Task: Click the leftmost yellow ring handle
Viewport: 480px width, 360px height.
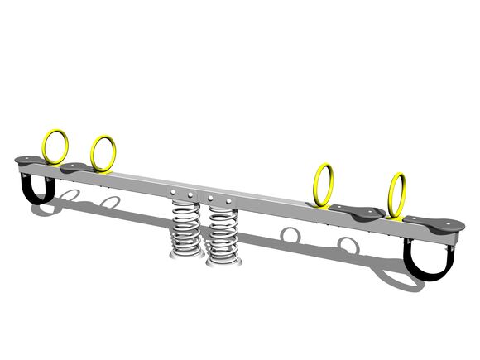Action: click(56, 146)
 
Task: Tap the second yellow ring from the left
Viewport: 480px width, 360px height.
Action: click(103, 153)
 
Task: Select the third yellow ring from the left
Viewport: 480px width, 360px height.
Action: click(324, 185)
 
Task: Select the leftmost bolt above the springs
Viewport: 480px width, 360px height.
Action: click(176, 194)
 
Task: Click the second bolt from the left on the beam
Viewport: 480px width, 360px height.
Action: click(191, 195)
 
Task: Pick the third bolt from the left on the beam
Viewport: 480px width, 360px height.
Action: click(211, 199)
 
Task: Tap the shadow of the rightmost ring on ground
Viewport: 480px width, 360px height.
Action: click(348, 245)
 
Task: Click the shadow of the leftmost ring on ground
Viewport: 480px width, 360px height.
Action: click(71, 197)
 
